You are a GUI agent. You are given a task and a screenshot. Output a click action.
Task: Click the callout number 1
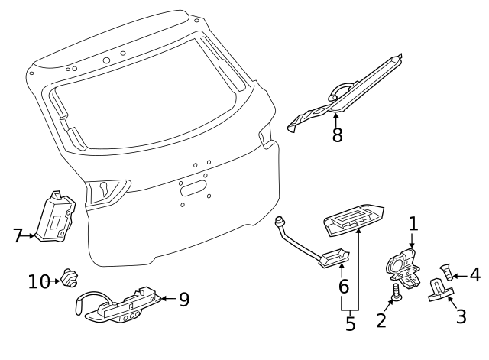[x=413, y=224]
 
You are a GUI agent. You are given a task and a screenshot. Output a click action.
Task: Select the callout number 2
[x=381, y=321]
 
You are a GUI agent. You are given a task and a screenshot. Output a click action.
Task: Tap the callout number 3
[x=460, y=316]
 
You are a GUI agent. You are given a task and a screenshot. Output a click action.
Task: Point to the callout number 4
[x=474, y=274]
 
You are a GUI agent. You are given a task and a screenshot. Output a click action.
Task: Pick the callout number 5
[x=350, y=324]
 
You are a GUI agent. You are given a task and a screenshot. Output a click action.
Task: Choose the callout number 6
[x=344, y=288]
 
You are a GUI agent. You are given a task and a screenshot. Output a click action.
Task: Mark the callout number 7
[x=18, y=236]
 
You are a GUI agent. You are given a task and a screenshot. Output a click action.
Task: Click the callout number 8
[x=337, y=135]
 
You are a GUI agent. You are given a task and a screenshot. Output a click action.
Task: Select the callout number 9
[x=183, y=299]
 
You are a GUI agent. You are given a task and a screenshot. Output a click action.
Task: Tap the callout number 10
[x=38, y=281]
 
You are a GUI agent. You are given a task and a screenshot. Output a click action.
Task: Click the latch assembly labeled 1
[x=403, y=268]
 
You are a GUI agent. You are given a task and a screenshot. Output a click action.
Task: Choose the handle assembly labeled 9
[x=122, y=308]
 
